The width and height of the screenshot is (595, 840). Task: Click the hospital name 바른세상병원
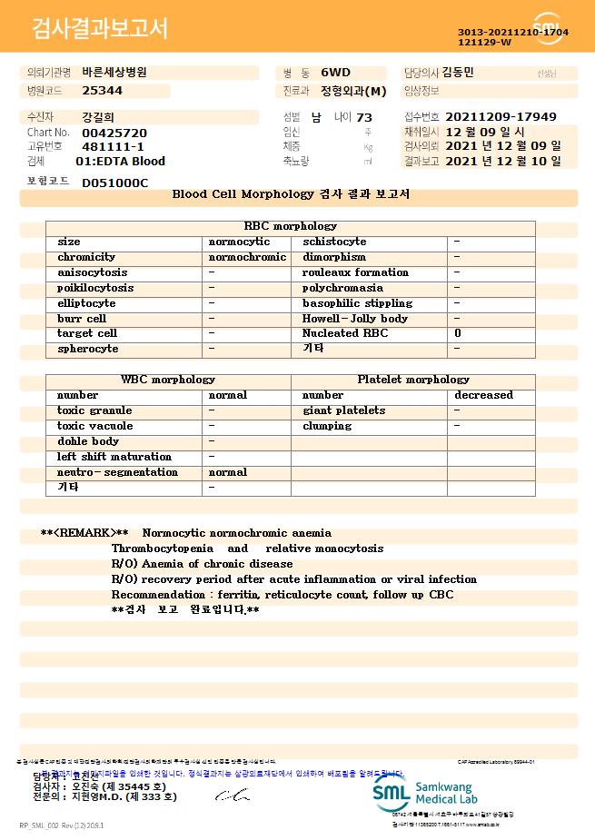tap(114, 72)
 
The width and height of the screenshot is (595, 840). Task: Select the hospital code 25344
tap(102, 91)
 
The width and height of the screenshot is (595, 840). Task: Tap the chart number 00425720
tap(114, 133)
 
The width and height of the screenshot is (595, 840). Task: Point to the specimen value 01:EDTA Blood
tap(120, 162)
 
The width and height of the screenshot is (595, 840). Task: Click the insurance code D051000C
tap(114, 183)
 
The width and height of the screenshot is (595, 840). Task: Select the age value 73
tap(364, 117)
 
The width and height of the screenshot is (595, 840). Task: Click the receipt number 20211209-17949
tap(501, 117)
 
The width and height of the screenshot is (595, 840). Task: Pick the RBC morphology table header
tap(291, 226)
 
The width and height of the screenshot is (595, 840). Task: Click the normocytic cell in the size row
tap(239, 242)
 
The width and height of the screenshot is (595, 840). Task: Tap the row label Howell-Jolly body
tap(355, 319)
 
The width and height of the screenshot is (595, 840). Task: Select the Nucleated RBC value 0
tap(457, 333)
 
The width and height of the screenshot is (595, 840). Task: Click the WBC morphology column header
tap(168, 380)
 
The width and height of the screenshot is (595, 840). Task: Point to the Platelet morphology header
tap(413, 380)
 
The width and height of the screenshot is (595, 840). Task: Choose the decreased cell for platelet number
tap(483, 395)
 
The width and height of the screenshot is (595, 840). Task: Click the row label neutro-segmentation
tap(117, 472)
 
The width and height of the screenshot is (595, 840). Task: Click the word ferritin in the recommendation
tap(236, 595)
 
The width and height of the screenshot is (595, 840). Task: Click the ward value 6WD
tap(334, 72)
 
